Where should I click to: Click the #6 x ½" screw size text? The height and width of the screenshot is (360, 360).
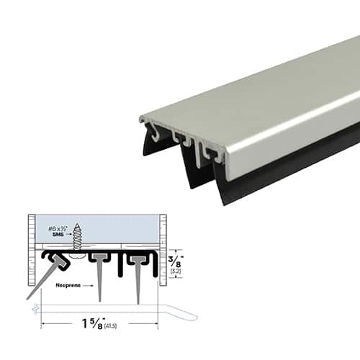click(60, 227)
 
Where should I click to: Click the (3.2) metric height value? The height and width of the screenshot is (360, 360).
click(174, 273)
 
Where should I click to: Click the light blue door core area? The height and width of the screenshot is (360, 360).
click(122, 229)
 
